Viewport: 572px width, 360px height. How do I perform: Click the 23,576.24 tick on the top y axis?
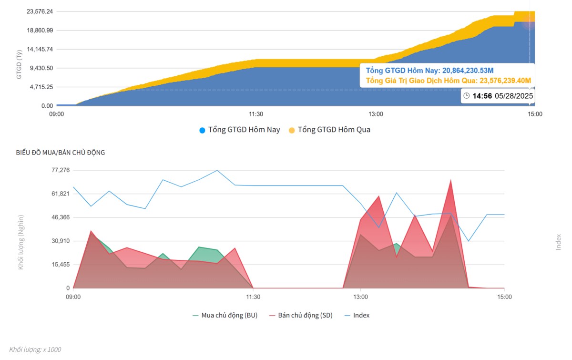click(40, 11)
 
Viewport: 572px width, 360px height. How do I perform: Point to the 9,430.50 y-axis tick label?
click(41, 68)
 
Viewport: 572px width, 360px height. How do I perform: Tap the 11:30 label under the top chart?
click(256, 114)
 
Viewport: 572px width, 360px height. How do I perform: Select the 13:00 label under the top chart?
click(376, 114)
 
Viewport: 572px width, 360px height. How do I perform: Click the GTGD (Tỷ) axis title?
click(19, 64)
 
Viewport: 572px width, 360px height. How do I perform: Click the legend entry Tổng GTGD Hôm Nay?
click(239, 130)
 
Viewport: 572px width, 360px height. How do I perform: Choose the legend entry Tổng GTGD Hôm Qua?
click(329, 130)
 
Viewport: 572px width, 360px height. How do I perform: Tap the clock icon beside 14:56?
click(467, 96)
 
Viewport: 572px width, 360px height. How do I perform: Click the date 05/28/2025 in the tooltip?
click(514, 96)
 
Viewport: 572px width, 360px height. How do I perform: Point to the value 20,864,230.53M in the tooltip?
click(468, 71)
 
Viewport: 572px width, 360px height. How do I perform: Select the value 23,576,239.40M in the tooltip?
click(505, 81)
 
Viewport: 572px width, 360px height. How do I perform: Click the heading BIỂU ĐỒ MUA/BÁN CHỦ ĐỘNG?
click(60, 153)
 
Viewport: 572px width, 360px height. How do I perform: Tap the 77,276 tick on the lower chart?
click(61, 170)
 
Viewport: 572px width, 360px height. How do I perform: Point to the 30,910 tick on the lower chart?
click(61, 241)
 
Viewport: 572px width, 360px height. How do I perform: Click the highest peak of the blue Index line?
click(217, 170)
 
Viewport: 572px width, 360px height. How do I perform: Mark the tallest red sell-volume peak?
click(451, 180)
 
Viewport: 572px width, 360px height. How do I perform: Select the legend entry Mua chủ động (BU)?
click(225, 316)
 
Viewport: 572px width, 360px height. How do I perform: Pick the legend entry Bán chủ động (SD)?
click(301, 316)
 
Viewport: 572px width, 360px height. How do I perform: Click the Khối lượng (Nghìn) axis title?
click(20, 242)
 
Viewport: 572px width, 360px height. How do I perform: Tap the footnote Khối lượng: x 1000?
click(35, 350)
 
